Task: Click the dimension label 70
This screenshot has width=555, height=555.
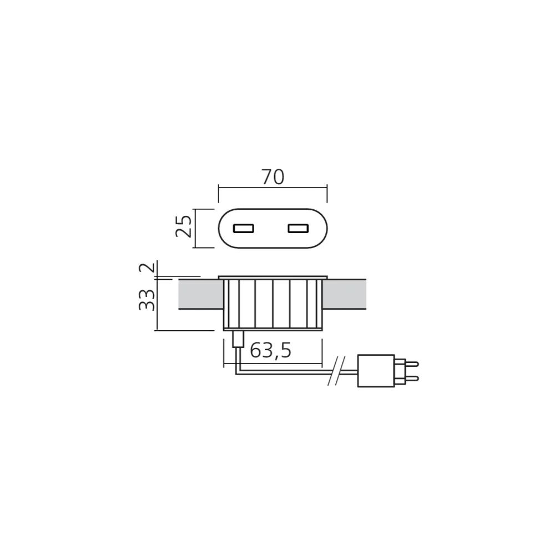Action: pos(273,178)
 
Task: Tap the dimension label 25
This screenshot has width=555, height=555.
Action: pos(184,226)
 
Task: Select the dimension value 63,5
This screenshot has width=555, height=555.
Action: pos(271,350)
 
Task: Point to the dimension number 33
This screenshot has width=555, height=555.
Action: pos(147,300)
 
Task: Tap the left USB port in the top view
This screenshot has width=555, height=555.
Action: pos(244,228)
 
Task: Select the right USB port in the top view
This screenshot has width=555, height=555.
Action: pos(298,228)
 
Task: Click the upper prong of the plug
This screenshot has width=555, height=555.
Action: pos(412,364)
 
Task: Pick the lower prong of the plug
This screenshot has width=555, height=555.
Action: pos(412,379)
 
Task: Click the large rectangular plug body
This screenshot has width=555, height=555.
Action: pos(376,371)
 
